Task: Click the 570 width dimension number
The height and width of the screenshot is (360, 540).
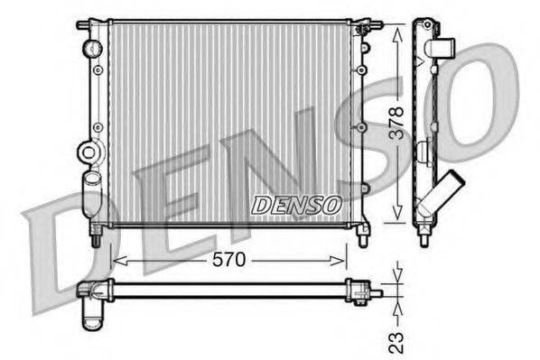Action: pos(228,261)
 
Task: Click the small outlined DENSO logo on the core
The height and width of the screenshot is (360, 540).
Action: pos(295,205)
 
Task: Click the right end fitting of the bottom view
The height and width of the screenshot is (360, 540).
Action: pos(364,291)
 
